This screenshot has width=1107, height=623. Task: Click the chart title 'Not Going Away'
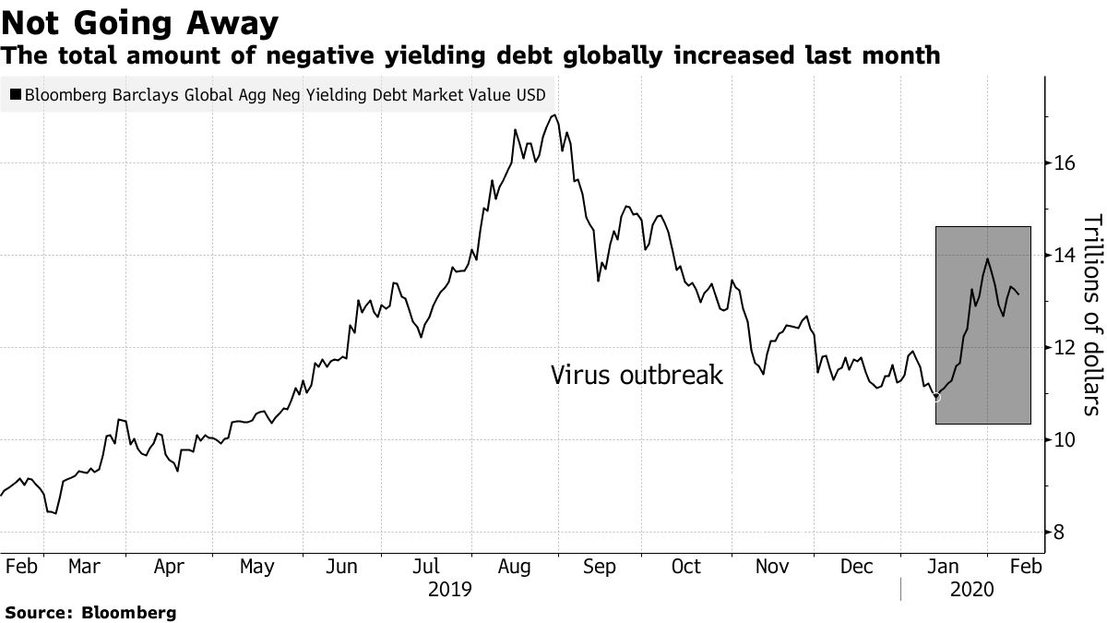click(x=140, y=19)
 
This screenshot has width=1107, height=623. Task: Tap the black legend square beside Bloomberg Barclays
click(x=16, y=94)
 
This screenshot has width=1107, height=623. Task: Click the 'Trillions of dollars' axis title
click(x=1091, y=315)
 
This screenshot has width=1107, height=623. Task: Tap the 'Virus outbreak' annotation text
click(x=637, y=376)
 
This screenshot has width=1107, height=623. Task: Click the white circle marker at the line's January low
click(x=937, y=397)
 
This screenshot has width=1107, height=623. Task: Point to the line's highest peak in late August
click(x=553, y=115)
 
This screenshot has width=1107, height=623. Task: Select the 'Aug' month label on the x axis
click(x=513, y=567)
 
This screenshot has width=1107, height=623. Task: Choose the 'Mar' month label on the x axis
click(x=84, y=567)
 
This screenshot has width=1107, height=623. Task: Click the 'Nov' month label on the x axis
click(x=771, y=567)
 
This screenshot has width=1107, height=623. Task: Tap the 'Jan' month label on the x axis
click(x=940, y=567)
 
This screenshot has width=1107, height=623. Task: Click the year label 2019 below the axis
click(x=450, y=589)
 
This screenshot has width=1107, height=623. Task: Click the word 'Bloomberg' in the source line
click(x=129, y=612)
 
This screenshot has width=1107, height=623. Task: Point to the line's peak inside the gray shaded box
click(x=988, y=259)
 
